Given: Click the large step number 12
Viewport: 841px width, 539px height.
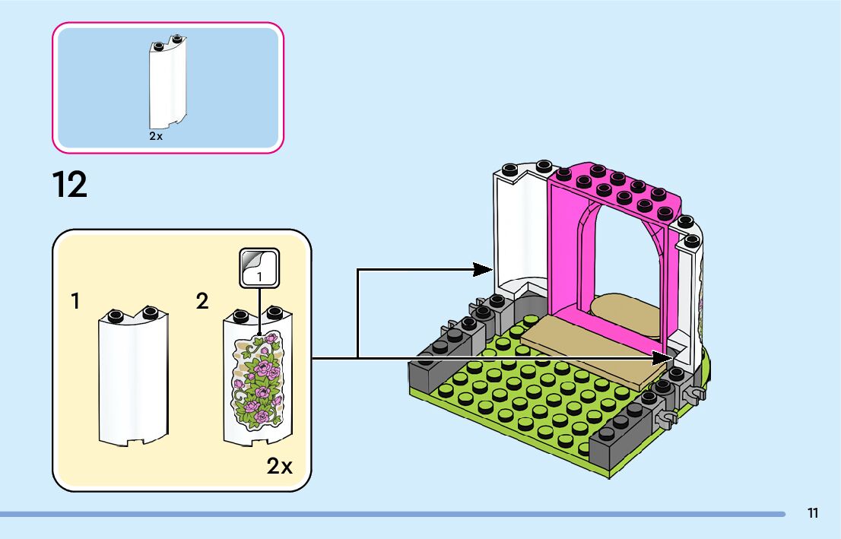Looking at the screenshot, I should coord(70,185).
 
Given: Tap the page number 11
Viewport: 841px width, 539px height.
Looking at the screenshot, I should coord(813,513).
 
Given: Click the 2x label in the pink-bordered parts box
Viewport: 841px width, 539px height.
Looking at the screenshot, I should coord(156,136).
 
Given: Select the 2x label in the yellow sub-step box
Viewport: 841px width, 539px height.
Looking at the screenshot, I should coord(279,466).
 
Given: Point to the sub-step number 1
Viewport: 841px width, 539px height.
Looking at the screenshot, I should coord(75,302).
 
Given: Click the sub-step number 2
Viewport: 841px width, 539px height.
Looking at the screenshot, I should coord(202,302).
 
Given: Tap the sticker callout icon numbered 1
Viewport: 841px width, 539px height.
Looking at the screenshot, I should coord(259,268).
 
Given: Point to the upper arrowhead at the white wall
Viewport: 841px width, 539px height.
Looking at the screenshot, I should coord(483,268).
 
